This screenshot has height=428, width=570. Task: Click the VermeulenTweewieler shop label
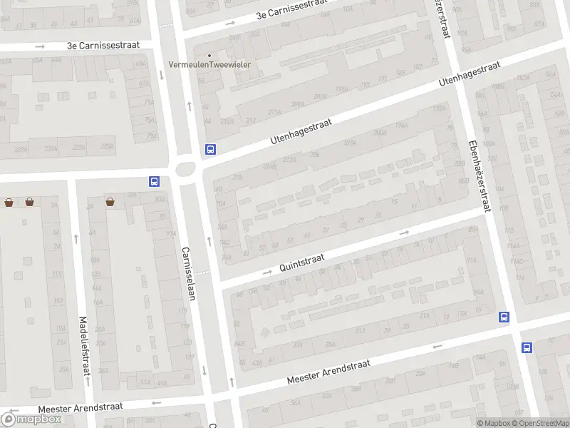(x=214, y=65)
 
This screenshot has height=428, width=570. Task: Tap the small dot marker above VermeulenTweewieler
(x=209, y=55)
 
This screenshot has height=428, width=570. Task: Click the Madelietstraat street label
(x=84, y=346)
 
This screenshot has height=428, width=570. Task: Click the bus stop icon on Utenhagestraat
(x=210, y=150)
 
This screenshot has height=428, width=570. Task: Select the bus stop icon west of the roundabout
(x=154, y=181)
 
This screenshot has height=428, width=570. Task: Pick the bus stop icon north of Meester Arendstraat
(x=504, y=317)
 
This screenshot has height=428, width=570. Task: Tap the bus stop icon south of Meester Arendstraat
(x=527, y=347)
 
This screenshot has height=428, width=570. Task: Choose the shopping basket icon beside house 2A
(x=110, y=202)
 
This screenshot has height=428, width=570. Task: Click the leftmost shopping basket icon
(x=9, y=202)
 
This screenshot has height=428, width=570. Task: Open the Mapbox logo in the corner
(x=32, y=419)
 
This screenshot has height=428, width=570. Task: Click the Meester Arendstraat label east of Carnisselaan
(x=328, y=372)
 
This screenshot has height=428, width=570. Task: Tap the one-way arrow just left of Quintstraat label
(x=267, y=272)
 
